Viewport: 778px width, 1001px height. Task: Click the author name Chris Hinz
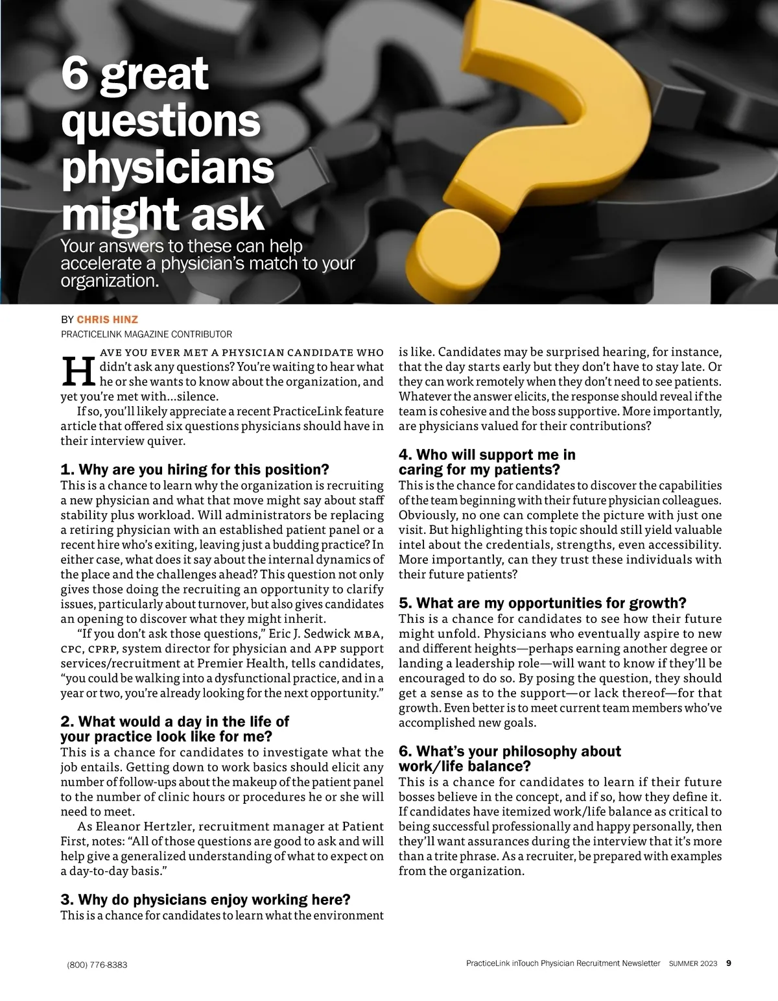pyautogui.click(x=107, y=319)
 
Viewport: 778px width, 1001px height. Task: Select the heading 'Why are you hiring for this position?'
pyautogui.click(x=194, y=469)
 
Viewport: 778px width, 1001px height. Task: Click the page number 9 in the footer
pyautogui.click(x=729, y=963)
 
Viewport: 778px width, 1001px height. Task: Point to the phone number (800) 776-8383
pyautogui.click(x=97, y=965)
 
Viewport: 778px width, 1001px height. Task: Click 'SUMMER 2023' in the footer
pyautogui.click(x=693, y=964)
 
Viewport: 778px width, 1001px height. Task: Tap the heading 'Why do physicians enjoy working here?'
pyautogui.click(x=206, y=899)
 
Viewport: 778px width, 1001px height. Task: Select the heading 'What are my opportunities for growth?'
pyautogui.click(x=542, y=603)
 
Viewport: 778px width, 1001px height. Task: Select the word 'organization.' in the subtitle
pyautogui.click(x=110, y=282)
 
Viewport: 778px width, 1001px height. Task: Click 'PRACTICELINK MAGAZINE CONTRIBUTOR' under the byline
pyautogui.click(x=146, y=334)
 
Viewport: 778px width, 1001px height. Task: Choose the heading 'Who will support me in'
pyautogui.click(x=487, y=455)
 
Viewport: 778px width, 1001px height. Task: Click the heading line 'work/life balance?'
pyautogui.click(x=465, y=766)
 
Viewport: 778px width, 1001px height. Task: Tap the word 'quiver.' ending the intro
pyautogui.click(x=165, y=440)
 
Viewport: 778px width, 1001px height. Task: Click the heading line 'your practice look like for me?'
pyautogui.click(x=166, y=736)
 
